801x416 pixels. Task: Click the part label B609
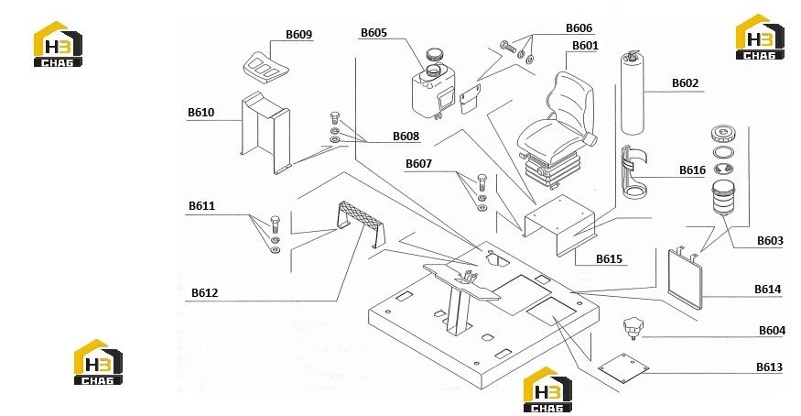coord(298,34)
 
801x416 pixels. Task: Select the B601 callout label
coord(585,46)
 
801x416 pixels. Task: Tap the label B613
coord(769,367)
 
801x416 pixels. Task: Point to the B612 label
coord(204,293)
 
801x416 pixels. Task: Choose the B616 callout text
coord(692,170)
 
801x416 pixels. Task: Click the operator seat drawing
coord(556,132)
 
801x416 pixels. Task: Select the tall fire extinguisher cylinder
coord(632,92)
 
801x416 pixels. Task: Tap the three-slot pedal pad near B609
coord(265,67)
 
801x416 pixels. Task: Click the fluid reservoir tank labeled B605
coord(433,90)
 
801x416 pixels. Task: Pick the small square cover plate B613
coord(623,367)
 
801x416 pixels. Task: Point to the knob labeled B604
coord(633,328)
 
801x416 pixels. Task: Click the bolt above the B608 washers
coord(335,117)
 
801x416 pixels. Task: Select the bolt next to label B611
coord(275,224)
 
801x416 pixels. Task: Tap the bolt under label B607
coord(482,182)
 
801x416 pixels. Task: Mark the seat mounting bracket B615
coord(559,224)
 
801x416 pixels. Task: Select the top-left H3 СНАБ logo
coord(58,44)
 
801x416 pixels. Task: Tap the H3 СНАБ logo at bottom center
coord(547,389)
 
